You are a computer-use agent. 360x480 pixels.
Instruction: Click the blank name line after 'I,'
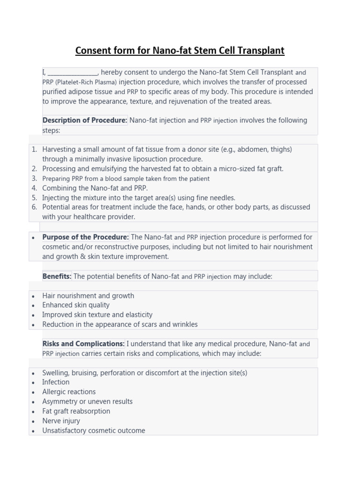[x=73, y=73]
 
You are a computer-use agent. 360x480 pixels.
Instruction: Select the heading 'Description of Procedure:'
[x=85, y=120]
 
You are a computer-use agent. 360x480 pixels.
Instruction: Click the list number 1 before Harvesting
[x=34, y=149]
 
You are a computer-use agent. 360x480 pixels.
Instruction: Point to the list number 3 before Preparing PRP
[x=34, y=179]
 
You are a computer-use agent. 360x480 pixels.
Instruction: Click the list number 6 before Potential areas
[x=34, y=207]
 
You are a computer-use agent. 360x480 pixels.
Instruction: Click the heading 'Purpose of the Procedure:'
[x=85, y=237]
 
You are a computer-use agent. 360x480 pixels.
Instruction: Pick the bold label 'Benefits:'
[x=57, y=277]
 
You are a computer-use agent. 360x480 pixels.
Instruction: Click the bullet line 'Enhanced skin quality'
[x=76, y=305]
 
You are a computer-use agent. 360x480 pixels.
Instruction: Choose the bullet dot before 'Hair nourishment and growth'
[x=33, y=296]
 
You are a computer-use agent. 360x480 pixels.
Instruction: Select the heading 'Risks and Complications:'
[x=83, y=344]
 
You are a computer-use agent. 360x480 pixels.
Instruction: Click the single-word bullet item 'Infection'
[x=56, y=382]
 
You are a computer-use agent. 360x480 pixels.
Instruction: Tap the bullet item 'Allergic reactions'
[x=69, y=392]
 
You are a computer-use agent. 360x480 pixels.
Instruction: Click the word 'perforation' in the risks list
[x=119, y=373]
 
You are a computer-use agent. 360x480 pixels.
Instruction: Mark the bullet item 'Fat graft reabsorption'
[x=76, y=411]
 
